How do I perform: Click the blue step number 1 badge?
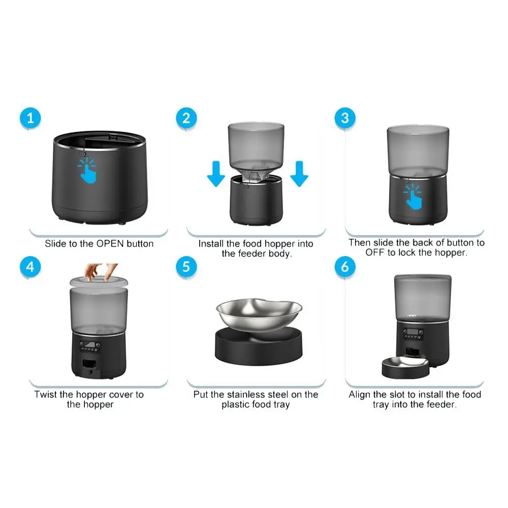coord(30,118)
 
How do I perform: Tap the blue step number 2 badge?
coord(186,118)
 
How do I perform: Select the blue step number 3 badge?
coord(345,118)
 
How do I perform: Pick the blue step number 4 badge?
coord(30,267)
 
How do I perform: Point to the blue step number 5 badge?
coord(186,267)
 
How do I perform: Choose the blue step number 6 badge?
coord(345,267)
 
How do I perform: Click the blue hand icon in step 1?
coord(87,171)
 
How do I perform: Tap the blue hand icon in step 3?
coord(412,196)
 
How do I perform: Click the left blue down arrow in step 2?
coord(216,174)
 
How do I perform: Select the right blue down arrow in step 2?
coord(299,174)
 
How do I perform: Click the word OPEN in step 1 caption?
coord(110,244)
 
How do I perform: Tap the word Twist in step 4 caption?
coord(45,395)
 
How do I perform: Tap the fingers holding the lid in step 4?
coord(101,271)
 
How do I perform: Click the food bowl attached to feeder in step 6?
coord(405,367)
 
